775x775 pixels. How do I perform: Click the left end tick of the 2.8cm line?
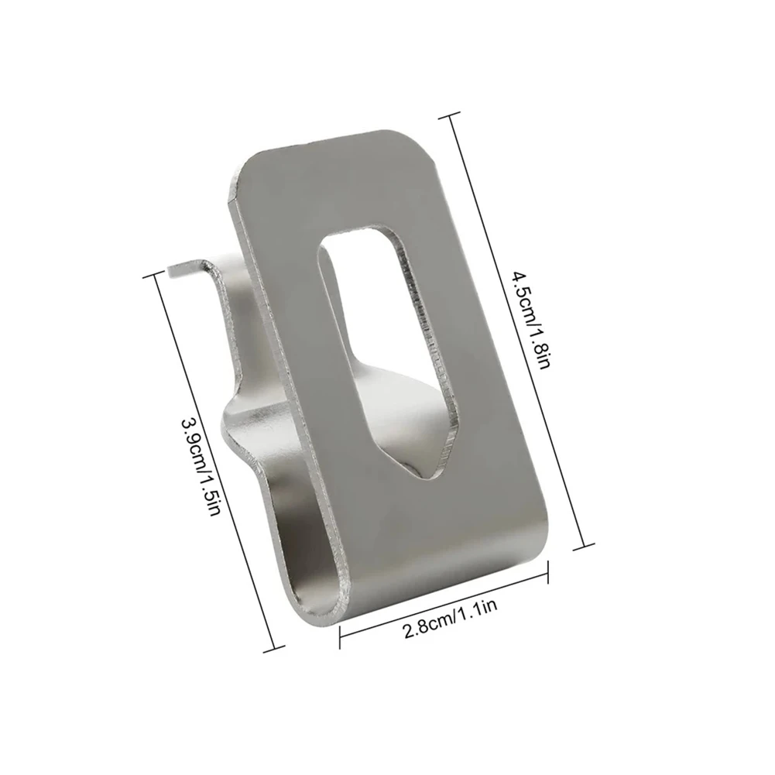341,634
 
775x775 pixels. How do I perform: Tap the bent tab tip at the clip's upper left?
172,268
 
